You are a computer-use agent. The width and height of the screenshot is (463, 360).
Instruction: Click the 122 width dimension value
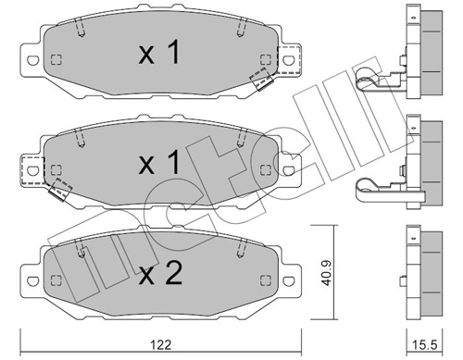pos(161,344)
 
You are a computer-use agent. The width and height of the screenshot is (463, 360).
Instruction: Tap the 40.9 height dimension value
pos(327,273)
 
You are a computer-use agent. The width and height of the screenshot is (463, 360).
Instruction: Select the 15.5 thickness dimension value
pos(425,345)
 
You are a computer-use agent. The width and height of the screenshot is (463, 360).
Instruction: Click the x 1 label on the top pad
pos(159,52)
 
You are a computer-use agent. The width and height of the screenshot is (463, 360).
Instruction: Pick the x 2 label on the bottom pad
pos(160,273)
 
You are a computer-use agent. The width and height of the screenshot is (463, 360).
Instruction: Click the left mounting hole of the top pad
pos(33,60)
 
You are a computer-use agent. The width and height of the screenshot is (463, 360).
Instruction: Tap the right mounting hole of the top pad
pos(289,60)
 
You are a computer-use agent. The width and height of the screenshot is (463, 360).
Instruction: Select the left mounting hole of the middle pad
pos(32,170)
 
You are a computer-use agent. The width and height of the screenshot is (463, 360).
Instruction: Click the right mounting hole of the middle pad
pos(289,170)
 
